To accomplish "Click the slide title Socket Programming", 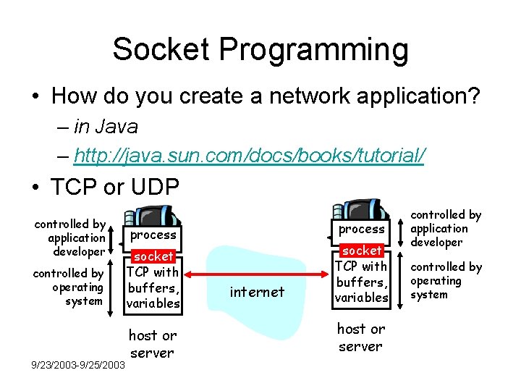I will (x=260, y=50).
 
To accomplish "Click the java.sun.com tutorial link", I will (x=250, y=155).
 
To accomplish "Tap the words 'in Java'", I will (x=106, y=127).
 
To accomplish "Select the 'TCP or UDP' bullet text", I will (x=115, y=186).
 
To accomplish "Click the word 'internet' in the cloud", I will (x=257, y=292).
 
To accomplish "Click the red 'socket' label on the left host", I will (x=153, y=256).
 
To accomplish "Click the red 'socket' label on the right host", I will (x=362, y=250).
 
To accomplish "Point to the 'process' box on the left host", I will (x=153, y=235).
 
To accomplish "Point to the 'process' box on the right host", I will (x=362, y=229).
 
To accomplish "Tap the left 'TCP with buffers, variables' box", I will (x=153, y=287).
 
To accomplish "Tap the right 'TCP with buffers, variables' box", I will (x=362, y=282).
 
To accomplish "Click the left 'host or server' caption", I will (x=152, y=344).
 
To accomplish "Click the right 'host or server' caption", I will (x=360, y=337).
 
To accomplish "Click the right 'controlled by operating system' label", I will (x=445, y=280).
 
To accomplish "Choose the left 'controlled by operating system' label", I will (x=69, y=287).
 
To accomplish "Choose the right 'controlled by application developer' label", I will (x=445, y=228).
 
